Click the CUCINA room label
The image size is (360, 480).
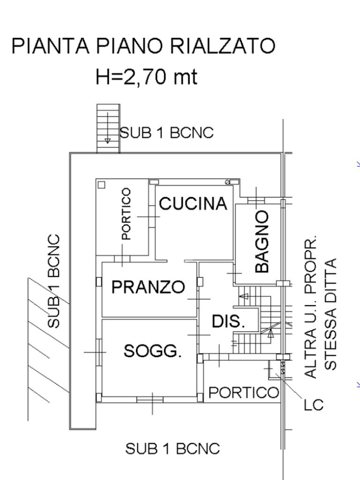click(193, 204)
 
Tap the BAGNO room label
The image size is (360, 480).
click(262, 241)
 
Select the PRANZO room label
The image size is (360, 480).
click(148, 287)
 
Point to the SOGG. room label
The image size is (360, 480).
click(152, 351)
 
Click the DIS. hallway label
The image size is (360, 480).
click(228, 322)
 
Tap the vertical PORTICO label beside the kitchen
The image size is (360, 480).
click(126, 214)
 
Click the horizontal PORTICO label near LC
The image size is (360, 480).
click(244, 392)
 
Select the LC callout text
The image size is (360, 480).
click(314, 405)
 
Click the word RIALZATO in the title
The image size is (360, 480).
click(223, 46)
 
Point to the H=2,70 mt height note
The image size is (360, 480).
click(146, 76)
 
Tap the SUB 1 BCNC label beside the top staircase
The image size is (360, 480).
click(166, 133)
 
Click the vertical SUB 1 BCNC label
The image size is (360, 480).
click(54, 281)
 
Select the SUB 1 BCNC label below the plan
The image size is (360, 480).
click(172, 449)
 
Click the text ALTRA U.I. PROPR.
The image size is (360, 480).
click(310, 307)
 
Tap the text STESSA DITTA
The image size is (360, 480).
click(330, 315)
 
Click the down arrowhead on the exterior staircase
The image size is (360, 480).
click(107, 141)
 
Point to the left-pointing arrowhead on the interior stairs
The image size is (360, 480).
click(244, 296)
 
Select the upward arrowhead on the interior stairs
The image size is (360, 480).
click(270, 333)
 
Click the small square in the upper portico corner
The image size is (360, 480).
click(101, 185)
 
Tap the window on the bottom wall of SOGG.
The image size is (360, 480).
click(150, 399)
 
